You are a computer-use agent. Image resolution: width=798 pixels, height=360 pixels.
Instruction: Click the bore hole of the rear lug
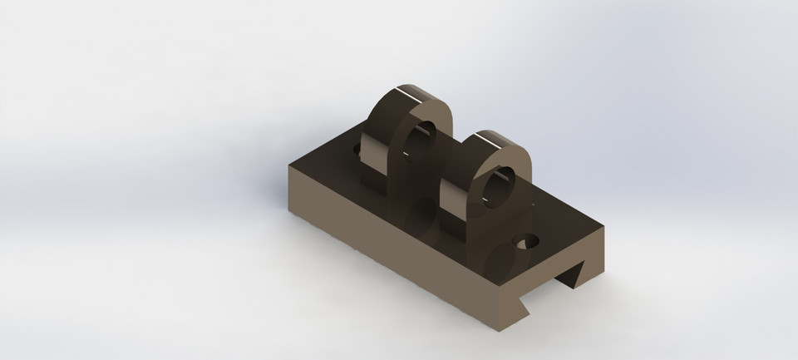(x=422, y=138)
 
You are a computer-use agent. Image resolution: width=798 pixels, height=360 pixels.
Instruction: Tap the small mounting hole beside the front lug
(x=526, y=243)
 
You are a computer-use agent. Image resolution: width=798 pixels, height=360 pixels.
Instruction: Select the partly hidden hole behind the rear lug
(x=359, y=151)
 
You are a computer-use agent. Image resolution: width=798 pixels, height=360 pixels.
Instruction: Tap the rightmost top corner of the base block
(x=604, y=227)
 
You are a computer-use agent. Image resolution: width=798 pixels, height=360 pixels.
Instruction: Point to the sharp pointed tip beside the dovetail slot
(x=530, y=314)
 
